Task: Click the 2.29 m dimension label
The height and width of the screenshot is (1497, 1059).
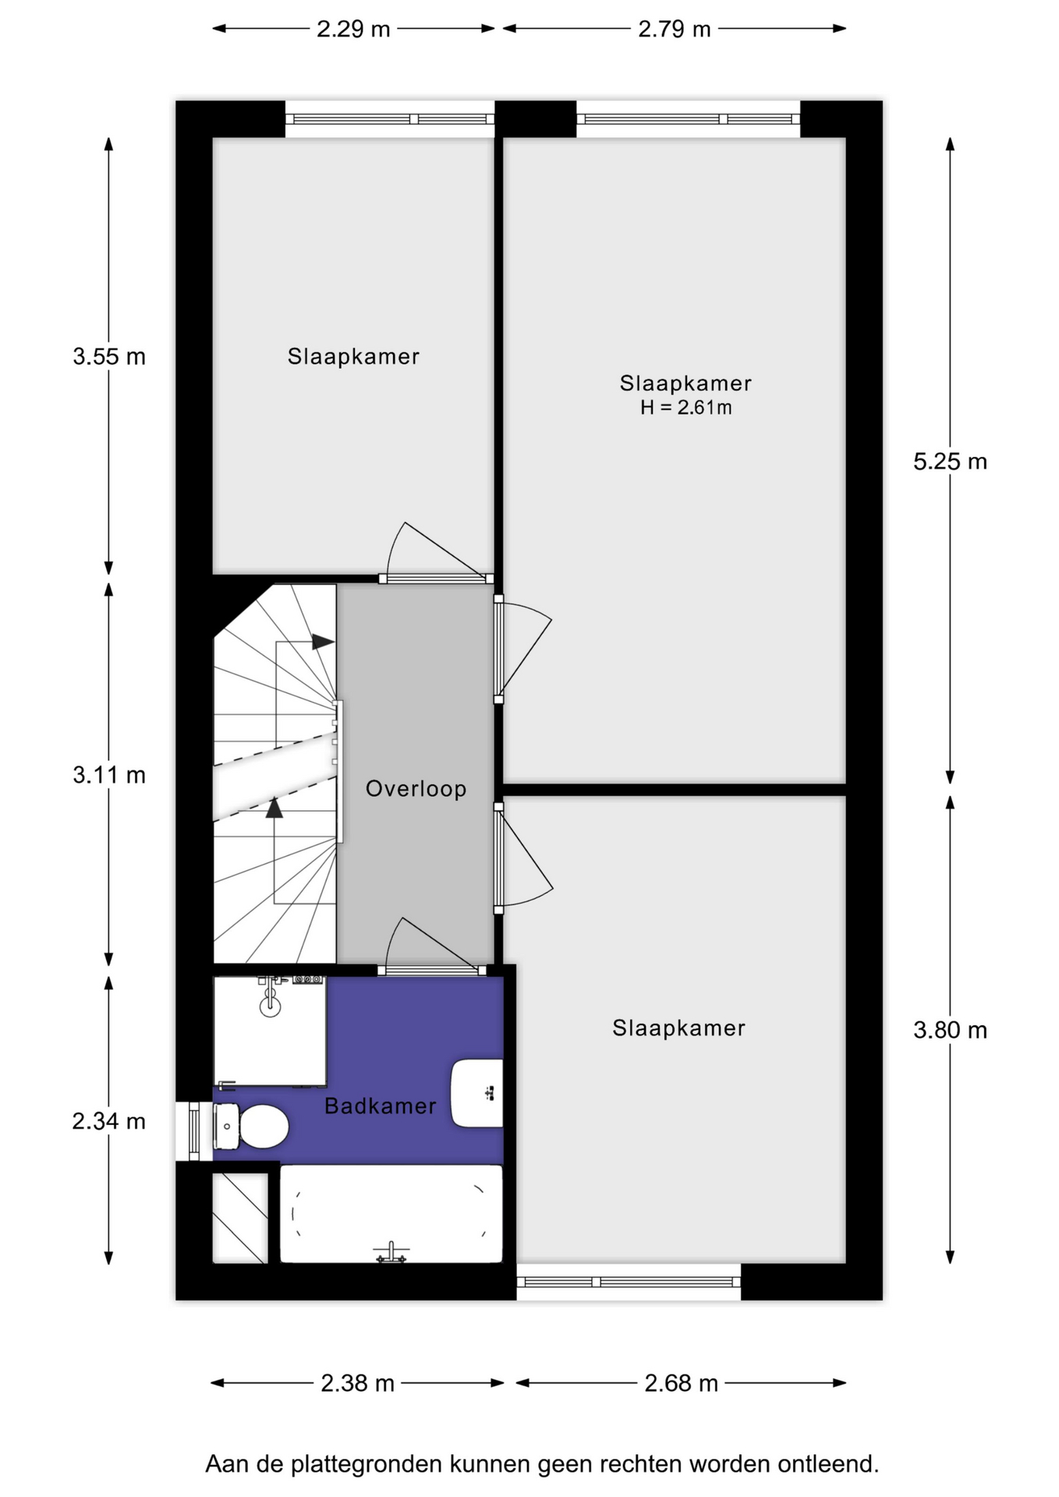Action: tap(352, 29)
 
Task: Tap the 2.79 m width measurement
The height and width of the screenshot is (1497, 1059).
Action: tap(675, 29)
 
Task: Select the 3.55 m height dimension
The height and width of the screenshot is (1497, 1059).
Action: tap(109, 356)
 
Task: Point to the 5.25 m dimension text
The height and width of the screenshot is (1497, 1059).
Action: tap(950, 462)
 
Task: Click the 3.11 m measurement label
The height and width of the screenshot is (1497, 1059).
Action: tap(109, 775)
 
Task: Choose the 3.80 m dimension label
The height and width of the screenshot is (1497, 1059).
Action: tap(950, 1030)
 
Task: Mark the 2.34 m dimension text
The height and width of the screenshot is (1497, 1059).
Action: tap(109, 1121)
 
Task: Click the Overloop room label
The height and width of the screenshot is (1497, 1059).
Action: tap(416, 788)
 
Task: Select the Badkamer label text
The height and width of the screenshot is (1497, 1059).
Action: tap(381, 1106)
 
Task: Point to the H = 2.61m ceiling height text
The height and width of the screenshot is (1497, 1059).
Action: tap(686, 407)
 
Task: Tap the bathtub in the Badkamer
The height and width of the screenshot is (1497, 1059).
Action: tap(391, 1213)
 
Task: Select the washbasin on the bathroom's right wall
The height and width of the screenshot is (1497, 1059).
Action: tap(476, 1093)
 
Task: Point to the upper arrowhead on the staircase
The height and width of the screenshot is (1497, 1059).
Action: tap(324, 642)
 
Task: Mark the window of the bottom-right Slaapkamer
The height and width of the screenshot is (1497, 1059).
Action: tap(629, 1282)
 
